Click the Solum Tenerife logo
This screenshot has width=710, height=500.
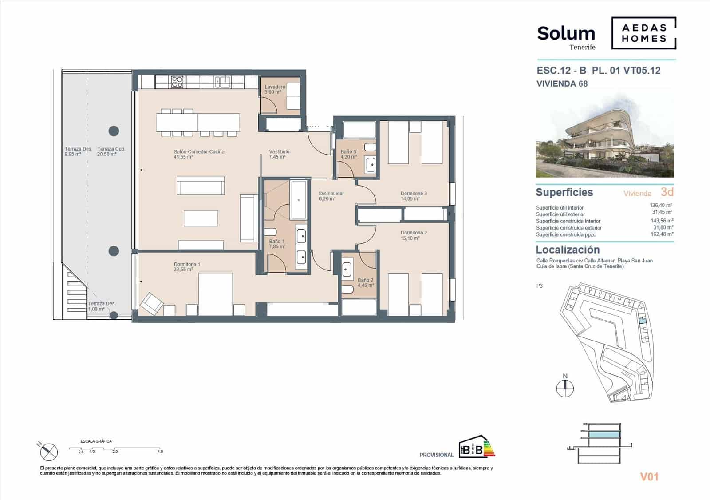click(566, 37)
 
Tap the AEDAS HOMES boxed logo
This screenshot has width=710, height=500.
click(643, 33)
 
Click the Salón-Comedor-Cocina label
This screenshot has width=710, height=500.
click(199, 154)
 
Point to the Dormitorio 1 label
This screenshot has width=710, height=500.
click(187, 267)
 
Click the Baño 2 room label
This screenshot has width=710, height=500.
click(365, 283)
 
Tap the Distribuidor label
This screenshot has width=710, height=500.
click(331, 196)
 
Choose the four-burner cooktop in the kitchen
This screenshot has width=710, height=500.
click(177, 82)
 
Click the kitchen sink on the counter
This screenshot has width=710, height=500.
click(222, 82)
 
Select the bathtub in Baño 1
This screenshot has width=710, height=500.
click(299, 200)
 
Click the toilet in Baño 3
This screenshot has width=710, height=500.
click(370, 147)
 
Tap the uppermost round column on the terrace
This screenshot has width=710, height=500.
click(114, 131)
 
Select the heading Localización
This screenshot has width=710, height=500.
click(568, 250)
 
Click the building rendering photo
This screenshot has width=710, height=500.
click(605, 135)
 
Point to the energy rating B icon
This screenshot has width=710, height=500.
click(476, 446)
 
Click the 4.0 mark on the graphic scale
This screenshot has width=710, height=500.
click(160, 452)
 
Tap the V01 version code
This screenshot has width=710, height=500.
click(649, 477)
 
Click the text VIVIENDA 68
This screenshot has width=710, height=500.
click(562, 83)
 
